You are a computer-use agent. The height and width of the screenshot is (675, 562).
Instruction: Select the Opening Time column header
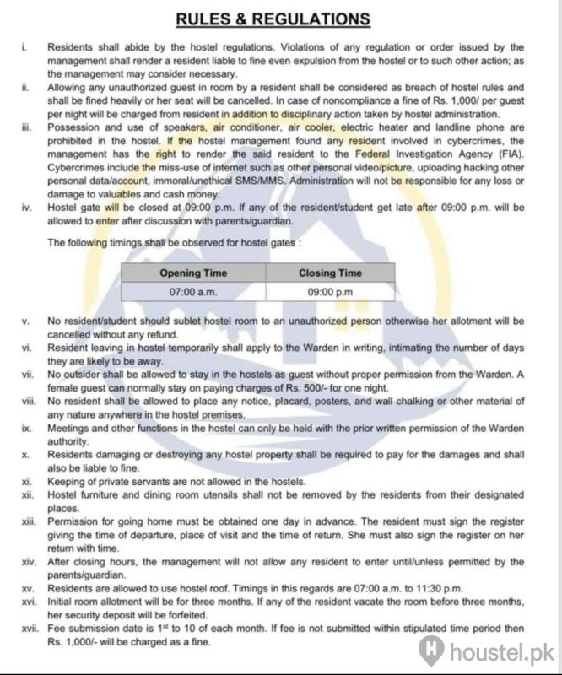[192, 273]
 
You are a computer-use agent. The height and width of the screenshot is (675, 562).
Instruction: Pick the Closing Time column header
[330, 273]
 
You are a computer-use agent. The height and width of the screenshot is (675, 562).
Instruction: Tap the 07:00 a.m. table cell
[192, 292]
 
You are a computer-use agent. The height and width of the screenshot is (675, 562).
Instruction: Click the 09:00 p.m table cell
[330, 292]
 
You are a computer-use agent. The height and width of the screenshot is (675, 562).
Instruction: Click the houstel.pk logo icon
[432, 650]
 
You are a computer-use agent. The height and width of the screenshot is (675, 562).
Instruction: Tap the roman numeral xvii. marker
[27, 629]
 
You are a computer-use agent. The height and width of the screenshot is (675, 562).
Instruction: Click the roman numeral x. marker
[24, 455]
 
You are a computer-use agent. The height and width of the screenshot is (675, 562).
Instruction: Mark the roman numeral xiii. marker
[26, 523]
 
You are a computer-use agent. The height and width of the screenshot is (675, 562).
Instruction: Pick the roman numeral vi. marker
[25, 347]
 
